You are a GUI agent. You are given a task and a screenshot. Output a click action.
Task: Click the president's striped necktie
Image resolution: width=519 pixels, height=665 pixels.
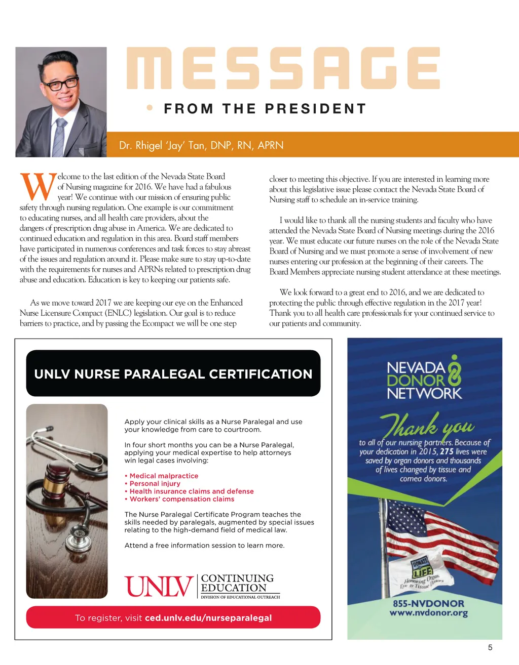[x=59, y=137]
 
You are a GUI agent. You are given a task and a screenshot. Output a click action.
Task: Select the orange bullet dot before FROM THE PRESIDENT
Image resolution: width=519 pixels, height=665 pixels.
[x=150, y=108]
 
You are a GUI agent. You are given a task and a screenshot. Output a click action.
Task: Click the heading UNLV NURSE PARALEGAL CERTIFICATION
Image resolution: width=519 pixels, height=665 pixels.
[x=173, y=374]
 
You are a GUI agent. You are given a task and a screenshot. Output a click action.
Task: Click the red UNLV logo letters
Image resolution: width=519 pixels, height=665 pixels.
[x=159, y=587]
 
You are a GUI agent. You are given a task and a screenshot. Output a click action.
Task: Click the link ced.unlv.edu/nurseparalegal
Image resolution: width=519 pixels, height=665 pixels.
[x=208, y=618]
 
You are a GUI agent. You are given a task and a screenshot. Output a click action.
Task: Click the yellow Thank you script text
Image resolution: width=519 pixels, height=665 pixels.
[x=428, y=426]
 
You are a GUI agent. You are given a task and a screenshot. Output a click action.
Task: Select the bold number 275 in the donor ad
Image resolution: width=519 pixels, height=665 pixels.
[x=446, y=451]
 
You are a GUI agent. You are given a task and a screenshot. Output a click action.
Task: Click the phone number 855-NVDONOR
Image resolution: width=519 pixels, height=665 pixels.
[x=428, y=603]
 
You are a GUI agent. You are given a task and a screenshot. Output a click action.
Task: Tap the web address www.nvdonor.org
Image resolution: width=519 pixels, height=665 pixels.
[x=428, y=613]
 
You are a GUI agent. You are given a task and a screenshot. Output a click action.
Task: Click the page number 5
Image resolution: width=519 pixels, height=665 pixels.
[x=490, y=647]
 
